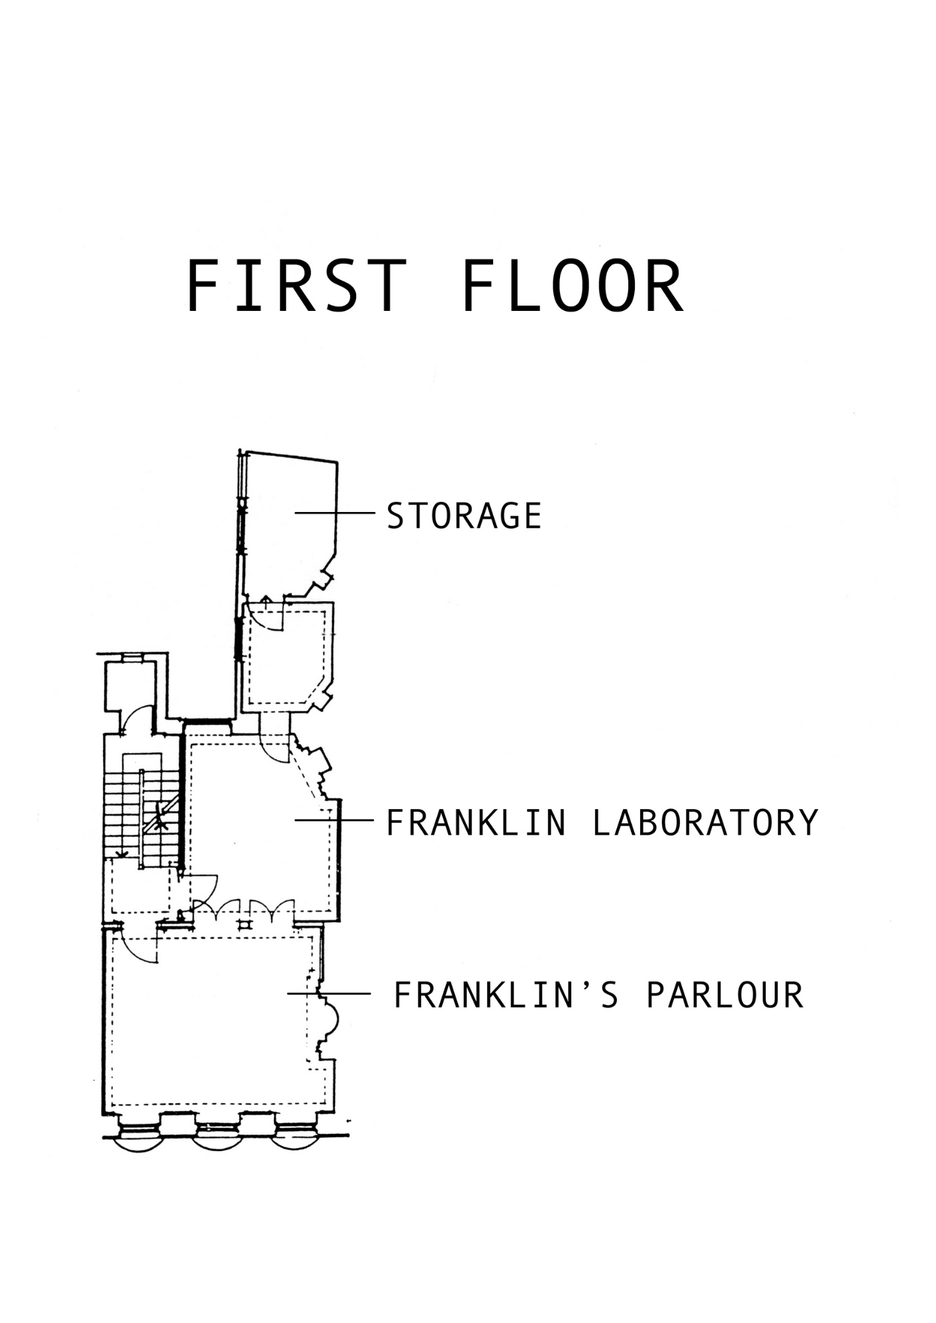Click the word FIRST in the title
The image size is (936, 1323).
[x=296, y=286]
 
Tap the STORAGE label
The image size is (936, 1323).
[x=464, y=516]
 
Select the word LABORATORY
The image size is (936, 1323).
[x=706, y=823]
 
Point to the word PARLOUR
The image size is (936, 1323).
[x=725, y=995]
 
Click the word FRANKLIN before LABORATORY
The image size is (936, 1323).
[x=476, y=823]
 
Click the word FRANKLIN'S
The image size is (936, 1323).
[x=506, y=995]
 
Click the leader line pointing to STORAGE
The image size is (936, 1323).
[x=335, y=513]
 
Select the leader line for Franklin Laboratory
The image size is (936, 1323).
[x=334, y=820]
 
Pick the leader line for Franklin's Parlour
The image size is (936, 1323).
[x=329, y=994]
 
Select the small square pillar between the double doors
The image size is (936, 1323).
[x=246, y=924]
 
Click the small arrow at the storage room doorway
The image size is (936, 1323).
[x=265, y=601]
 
